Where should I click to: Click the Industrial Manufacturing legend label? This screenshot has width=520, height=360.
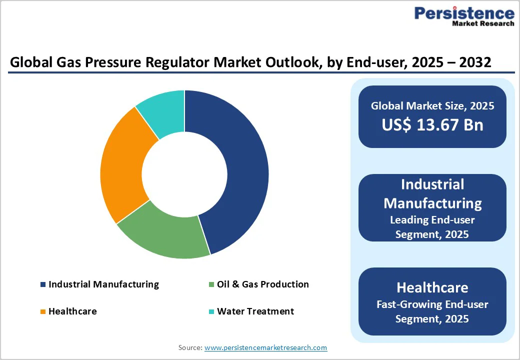tap(103, 284)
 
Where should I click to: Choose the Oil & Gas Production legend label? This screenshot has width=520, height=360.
tap(262, 284)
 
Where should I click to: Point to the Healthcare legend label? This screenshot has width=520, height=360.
tap(72, 311)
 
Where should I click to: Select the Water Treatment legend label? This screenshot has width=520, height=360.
tap(255, 311)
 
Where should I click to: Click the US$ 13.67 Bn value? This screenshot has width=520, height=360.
tap(432, 124)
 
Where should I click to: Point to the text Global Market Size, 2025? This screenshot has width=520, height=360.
tap(432, 106)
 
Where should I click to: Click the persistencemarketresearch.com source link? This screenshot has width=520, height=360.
tap(265, 347)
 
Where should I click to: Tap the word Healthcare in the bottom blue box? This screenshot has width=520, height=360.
tap(432, 287)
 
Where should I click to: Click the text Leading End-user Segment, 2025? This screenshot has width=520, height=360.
tap(432, 226)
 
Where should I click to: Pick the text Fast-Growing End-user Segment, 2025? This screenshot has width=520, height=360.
tap(432, 311)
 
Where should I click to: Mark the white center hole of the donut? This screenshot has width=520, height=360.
tap(184, 174)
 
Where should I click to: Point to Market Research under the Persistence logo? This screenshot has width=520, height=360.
tap(482, 23)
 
